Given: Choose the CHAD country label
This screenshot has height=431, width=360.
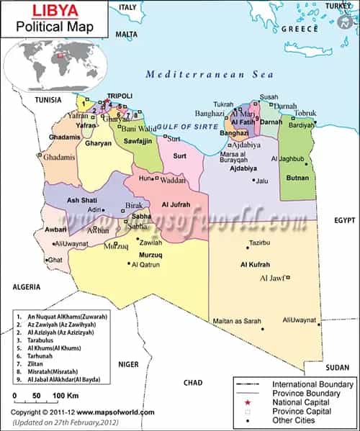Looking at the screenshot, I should click(193, 382).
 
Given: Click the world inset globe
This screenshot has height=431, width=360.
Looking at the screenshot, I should click(55, 60).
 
